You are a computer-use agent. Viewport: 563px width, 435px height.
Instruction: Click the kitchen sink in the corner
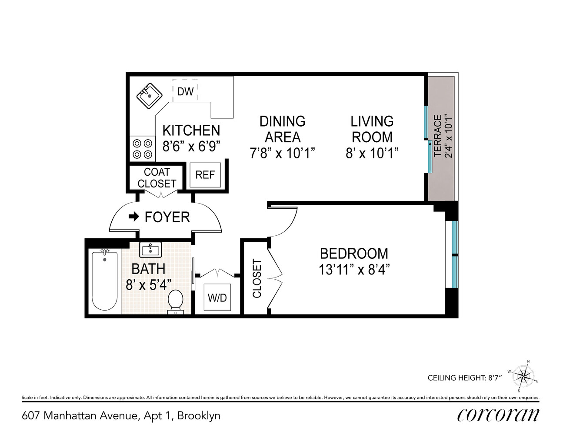point(150,96)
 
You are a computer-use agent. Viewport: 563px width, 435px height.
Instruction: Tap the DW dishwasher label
point(185,91)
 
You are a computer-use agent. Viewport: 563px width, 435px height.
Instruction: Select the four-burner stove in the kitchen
point(142,148)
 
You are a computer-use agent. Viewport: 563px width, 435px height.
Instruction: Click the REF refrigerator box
point(205,174)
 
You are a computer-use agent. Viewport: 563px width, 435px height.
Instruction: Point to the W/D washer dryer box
point(217,298)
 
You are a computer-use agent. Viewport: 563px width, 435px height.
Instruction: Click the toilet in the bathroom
point(176,302)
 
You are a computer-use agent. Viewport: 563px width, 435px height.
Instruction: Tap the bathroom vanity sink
point(150,250)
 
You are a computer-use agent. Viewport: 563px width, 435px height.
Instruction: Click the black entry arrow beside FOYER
point(134,216)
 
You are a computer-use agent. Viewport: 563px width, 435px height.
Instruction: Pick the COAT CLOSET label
point(157,178)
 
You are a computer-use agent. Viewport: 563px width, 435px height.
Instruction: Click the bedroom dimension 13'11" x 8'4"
point(353,270)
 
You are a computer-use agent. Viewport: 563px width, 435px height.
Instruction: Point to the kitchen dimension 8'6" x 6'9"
point(191,146)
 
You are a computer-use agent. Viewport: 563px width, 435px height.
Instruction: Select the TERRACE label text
point(438,135)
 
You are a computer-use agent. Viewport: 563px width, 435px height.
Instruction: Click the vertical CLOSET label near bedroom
point(257,278)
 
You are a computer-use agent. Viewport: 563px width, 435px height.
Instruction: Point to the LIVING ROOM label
point(372,129)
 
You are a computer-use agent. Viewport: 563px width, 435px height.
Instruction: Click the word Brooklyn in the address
point(199,415)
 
